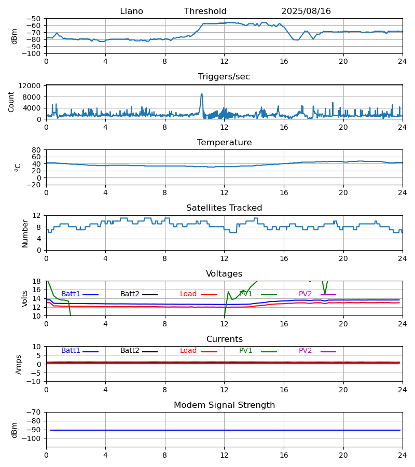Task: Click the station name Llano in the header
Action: coord(131,11)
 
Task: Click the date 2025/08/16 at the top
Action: coord(306,11)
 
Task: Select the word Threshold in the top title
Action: coord(205,11)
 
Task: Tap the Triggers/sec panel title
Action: coord(224,77)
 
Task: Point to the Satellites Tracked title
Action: coord(224,208)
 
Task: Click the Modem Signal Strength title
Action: coord(224,405)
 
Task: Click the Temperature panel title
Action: coord(224,143)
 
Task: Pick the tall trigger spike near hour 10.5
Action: coord(202,95)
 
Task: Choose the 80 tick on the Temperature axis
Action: coord(37,150)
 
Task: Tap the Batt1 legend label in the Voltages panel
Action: coord(71,294)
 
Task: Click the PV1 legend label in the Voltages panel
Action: coord(246,294)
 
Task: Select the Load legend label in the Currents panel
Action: coord(188,351)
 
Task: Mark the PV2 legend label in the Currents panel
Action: coord(306,351)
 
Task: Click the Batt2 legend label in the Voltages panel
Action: coord(130,294)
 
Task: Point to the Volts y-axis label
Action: coord(25,298)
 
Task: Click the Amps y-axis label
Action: coord(19,364)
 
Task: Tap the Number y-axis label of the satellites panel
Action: coord(25,233)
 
